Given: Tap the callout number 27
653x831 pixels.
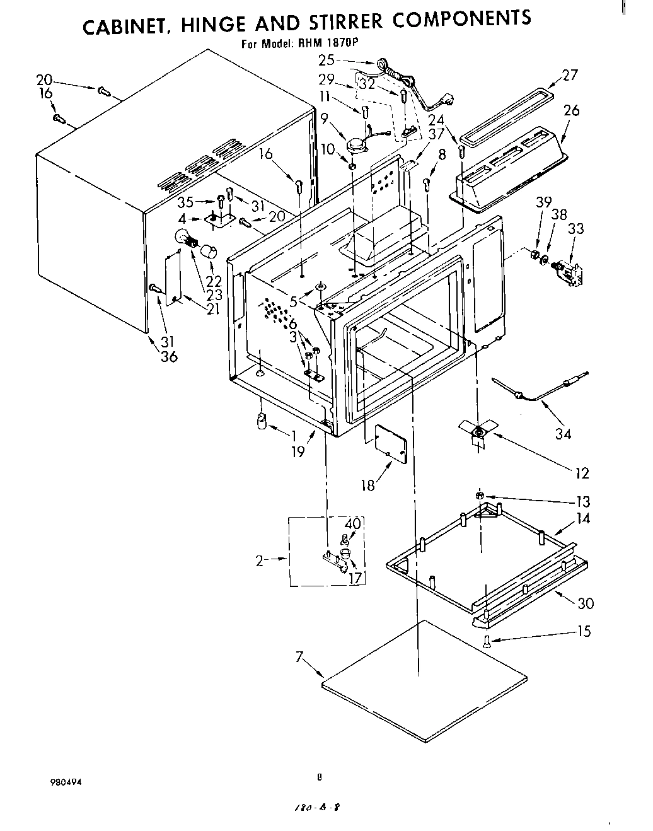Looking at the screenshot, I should tap(569, 75).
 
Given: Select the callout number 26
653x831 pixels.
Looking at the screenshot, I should tap(572, 110).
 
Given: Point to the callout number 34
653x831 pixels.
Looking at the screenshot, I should tap(563, 434).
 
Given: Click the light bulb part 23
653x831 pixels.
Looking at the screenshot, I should tap(187, 240).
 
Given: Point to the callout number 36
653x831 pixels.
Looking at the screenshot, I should tap(169, 357).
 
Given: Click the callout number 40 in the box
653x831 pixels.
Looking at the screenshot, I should tap(352, 523).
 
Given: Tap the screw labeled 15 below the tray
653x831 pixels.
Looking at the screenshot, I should tap(487, 642).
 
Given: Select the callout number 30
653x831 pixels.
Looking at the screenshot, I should tap(586, 603).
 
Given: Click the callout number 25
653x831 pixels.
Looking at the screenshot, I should tap(326, 60).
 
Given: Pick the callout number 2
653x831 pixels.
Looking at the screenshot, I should tap(260, 561).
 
